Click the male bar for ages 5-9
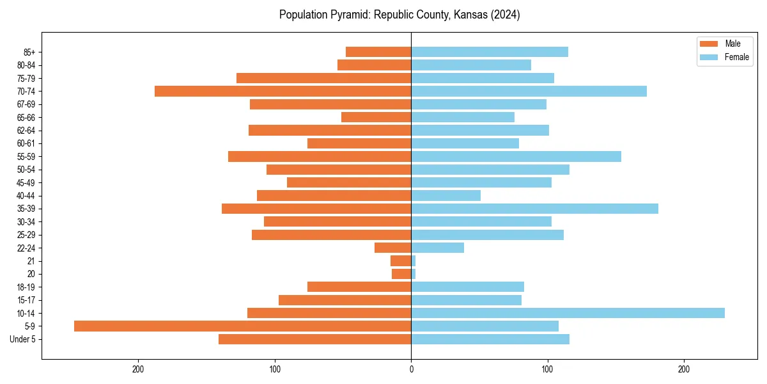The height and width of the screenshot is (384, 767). (x=242, y=326)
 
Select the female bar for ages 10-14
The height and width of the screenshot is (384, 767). (x=568, y=313)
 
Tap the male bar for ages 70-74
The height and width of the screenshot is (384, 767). (x=283, y=91)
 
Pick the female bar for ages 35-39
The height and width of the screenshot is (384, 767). (x=534, y=209)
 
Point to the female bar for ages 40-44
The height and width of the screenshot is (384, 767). (x=445, y=195)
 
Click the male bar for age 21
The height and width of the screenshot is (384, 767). (x=401, y=260)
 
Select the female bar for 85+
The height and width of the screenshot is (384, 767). (x=490, y=52)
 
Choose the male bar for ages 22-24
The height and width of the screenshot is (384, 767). (x=392, y=248)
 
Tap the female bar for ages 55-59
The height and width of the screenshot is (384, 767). (x=516, y=156)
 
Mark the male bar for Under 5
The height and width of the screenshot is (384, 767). (x=314, y=339)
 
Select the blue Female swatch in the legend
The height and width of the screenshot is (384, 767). (x=709, y=57)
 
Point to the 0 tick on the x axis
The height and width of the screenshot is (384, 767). (x=411, y=369)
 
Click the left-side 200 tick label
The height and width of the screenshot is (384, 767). (x=138, y=369)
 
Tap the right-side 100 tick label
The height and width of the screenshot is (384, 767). (x=547, y=369)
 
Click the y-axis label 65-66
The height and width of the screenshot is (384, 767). (x=26, y=117)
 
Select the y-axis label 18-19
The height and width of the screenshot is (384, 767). (x=26, y=287)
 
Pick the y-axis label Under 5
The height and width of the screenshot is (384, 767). (x=22, y=339)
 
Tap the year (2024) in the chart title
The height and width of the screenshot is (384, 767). (x=504, y=15)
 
